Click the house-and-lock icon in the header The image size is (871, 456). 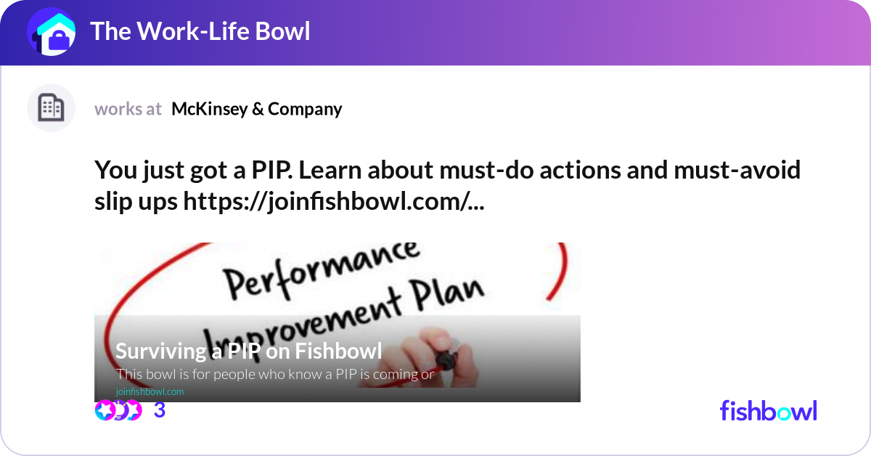point(52,33)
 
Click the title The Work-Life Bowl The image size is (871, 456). point(200,31)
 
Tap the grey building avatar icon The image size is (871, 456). point(52,108)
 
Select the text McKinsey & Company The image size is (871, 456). point(256,109)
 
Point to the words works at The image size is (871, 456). point(128,109)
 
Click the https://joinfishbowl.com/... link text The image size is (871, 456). point(335,203)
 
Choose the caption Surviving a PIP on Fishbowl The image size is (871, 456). point(248,351)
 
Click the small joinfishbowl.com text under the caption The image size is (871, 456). point(150,391)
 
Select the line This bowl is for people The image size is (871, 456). point(274,375)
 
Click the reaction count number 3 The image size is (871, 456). point(160,410)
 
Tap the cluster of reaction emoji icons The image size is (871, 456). point(118,410)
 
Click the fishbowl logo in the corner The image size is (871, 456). point(768,410)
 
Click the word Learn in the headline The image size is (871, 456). point(330,171)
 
